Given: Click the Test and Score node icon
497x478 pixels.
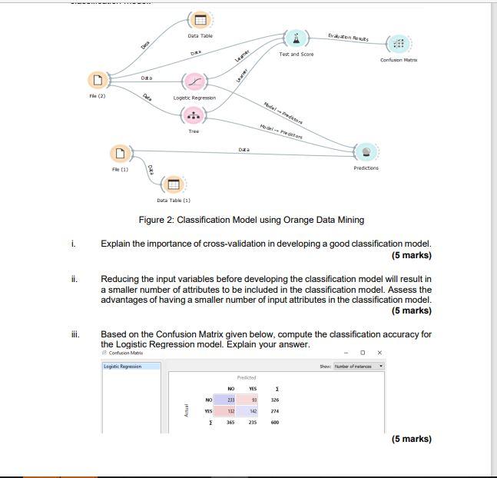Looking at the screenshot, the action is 296,38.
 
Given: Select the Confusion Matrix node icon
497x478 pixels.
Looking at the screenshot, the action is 397,43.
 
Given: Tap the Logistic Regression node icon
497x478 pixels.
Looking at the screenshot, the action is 194,82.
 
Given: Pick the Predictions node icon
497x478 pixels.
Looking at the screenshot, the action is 366,151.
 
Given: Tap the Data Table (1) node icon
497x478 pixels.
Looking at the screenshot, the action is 173,184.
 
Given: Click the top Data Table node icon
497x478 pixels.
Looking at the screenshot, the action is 200,20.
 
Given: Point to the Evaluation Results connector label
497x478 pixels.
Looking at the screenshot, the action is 347,37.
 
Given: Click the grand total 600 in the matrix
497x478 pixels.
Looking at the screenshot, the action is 275,422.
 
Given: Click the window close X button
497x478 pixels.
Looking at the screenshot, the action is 379,353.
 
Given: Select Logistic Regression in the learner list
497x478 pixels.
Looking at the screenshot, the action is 131,367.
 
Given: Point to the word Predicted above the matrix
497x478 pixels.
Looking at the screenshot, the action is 246,377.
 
